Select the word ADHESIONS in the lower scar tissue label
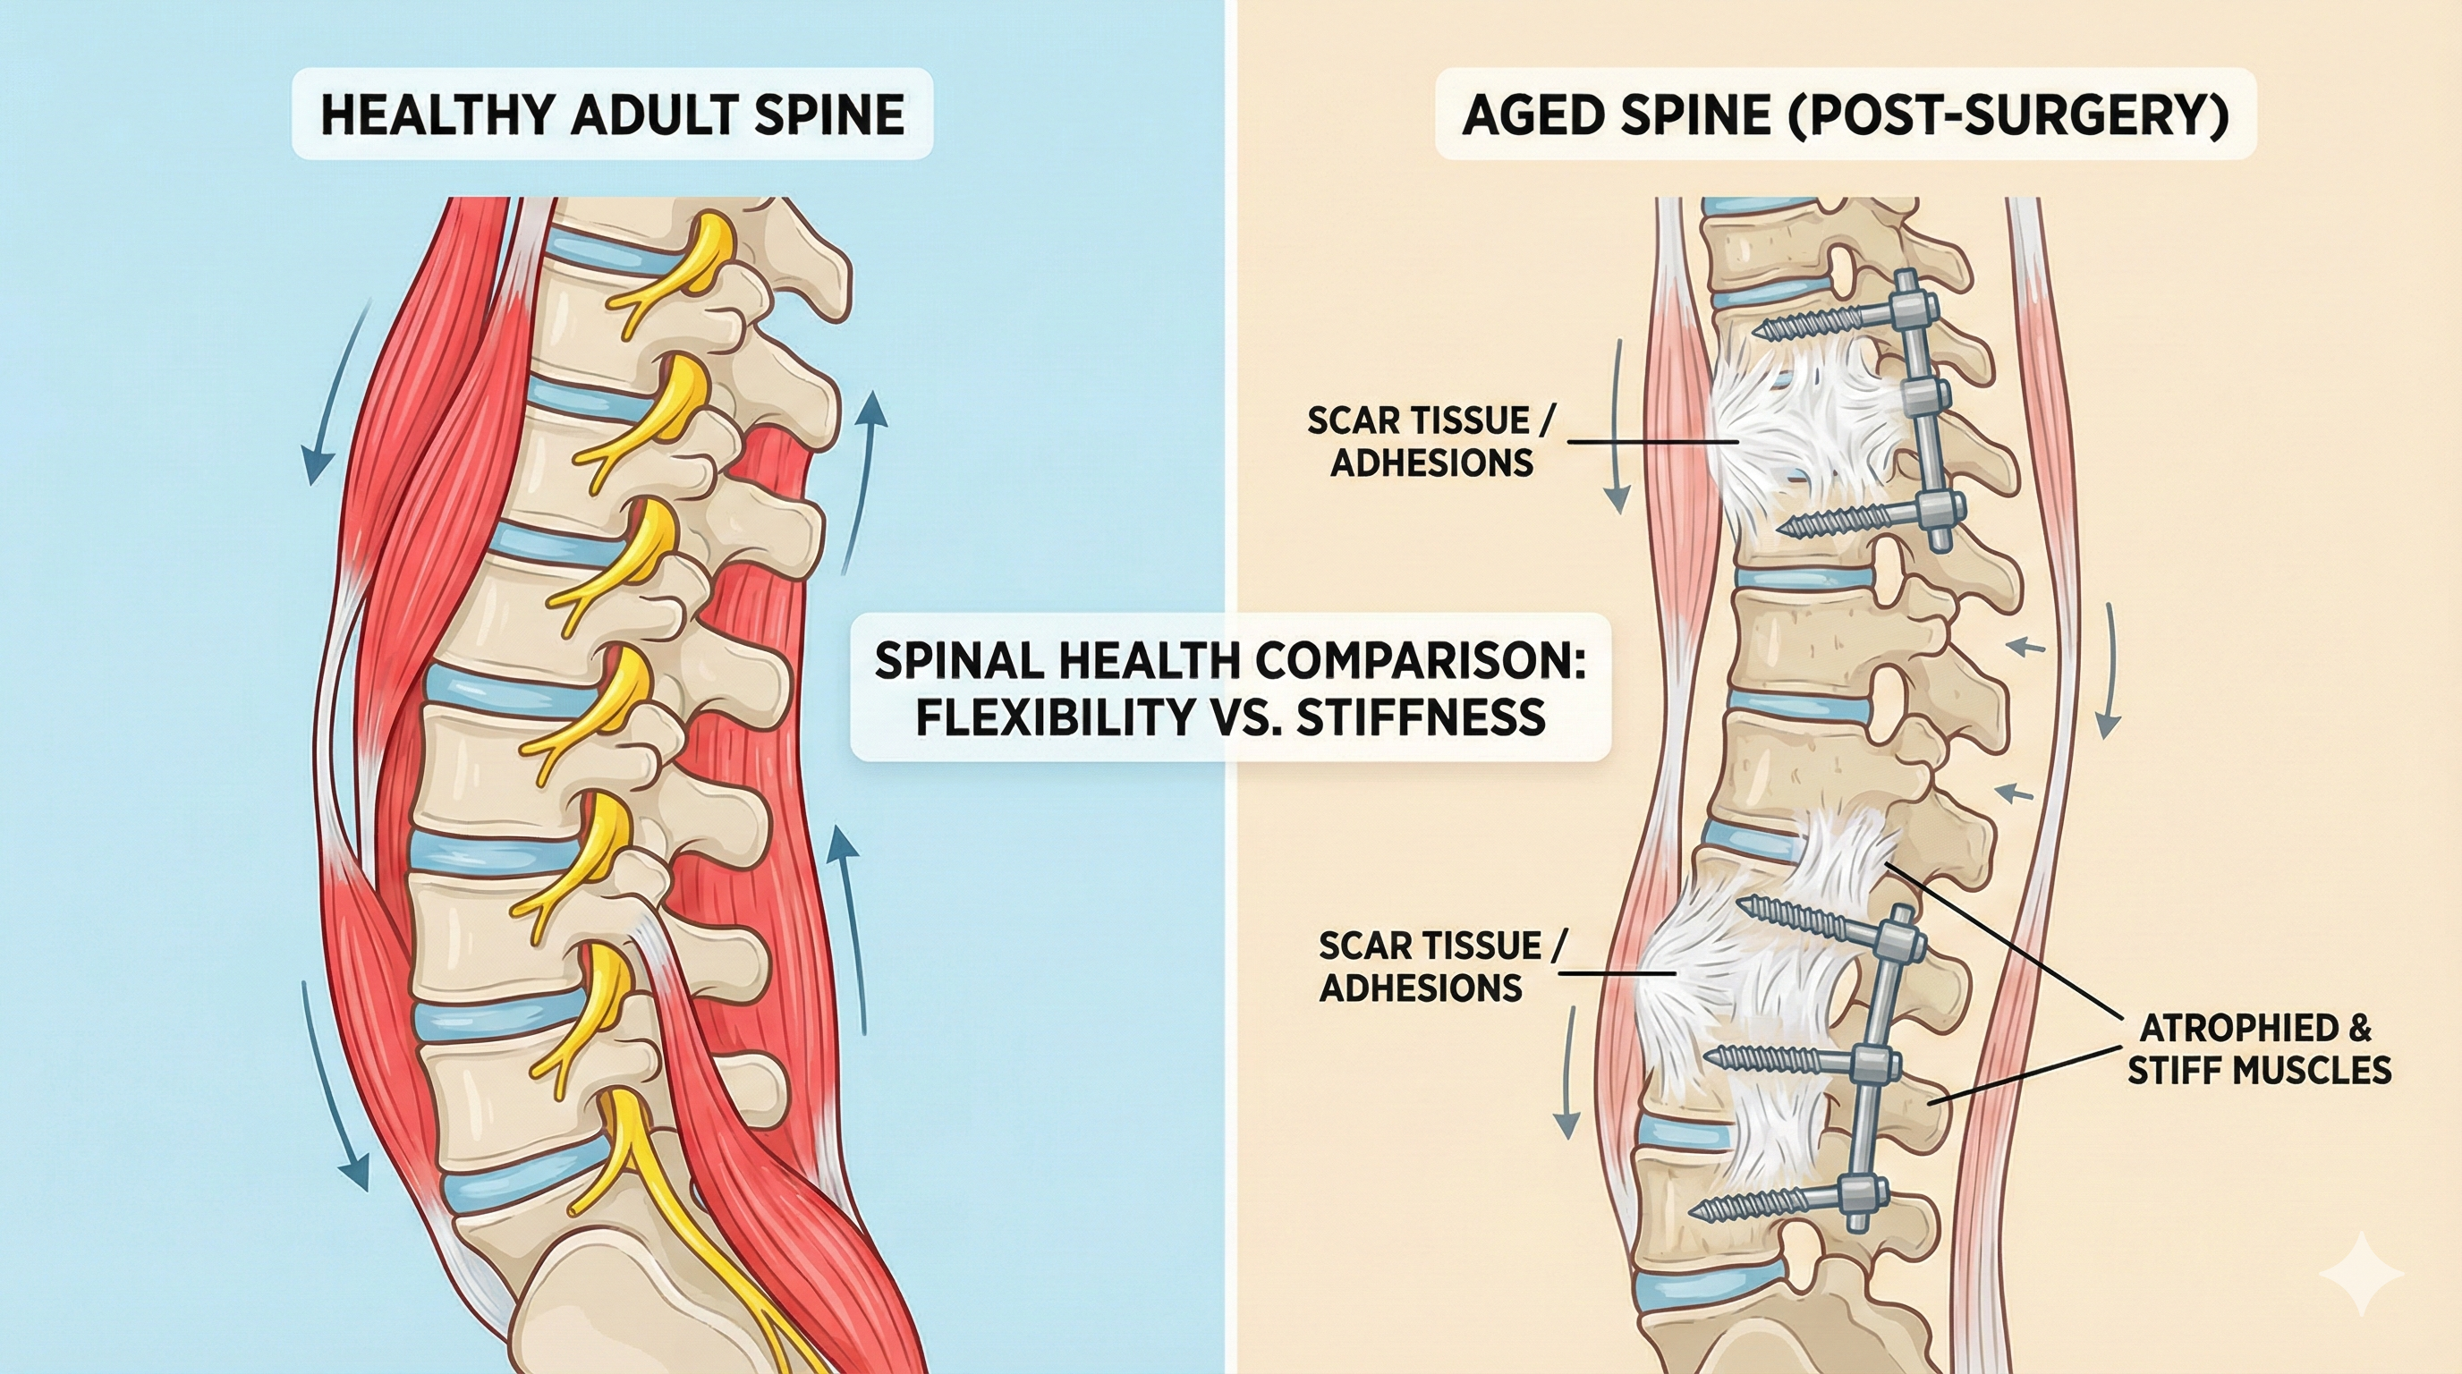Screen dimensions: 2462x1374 tap(1421, 988)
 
